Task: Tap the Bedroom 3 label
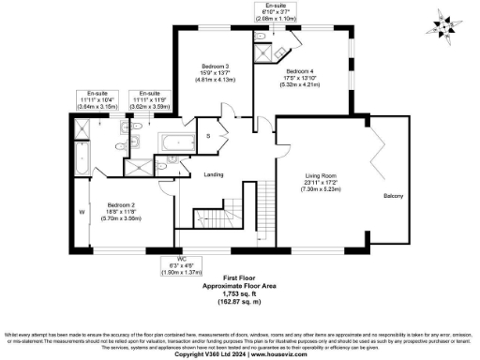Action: (216, 66)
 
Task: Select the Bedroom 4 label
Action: (299, 71)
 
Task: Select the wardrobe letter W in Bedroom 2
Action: (82, 211)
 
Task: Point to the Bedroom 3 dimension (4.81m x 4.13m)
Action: (216, 81)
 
